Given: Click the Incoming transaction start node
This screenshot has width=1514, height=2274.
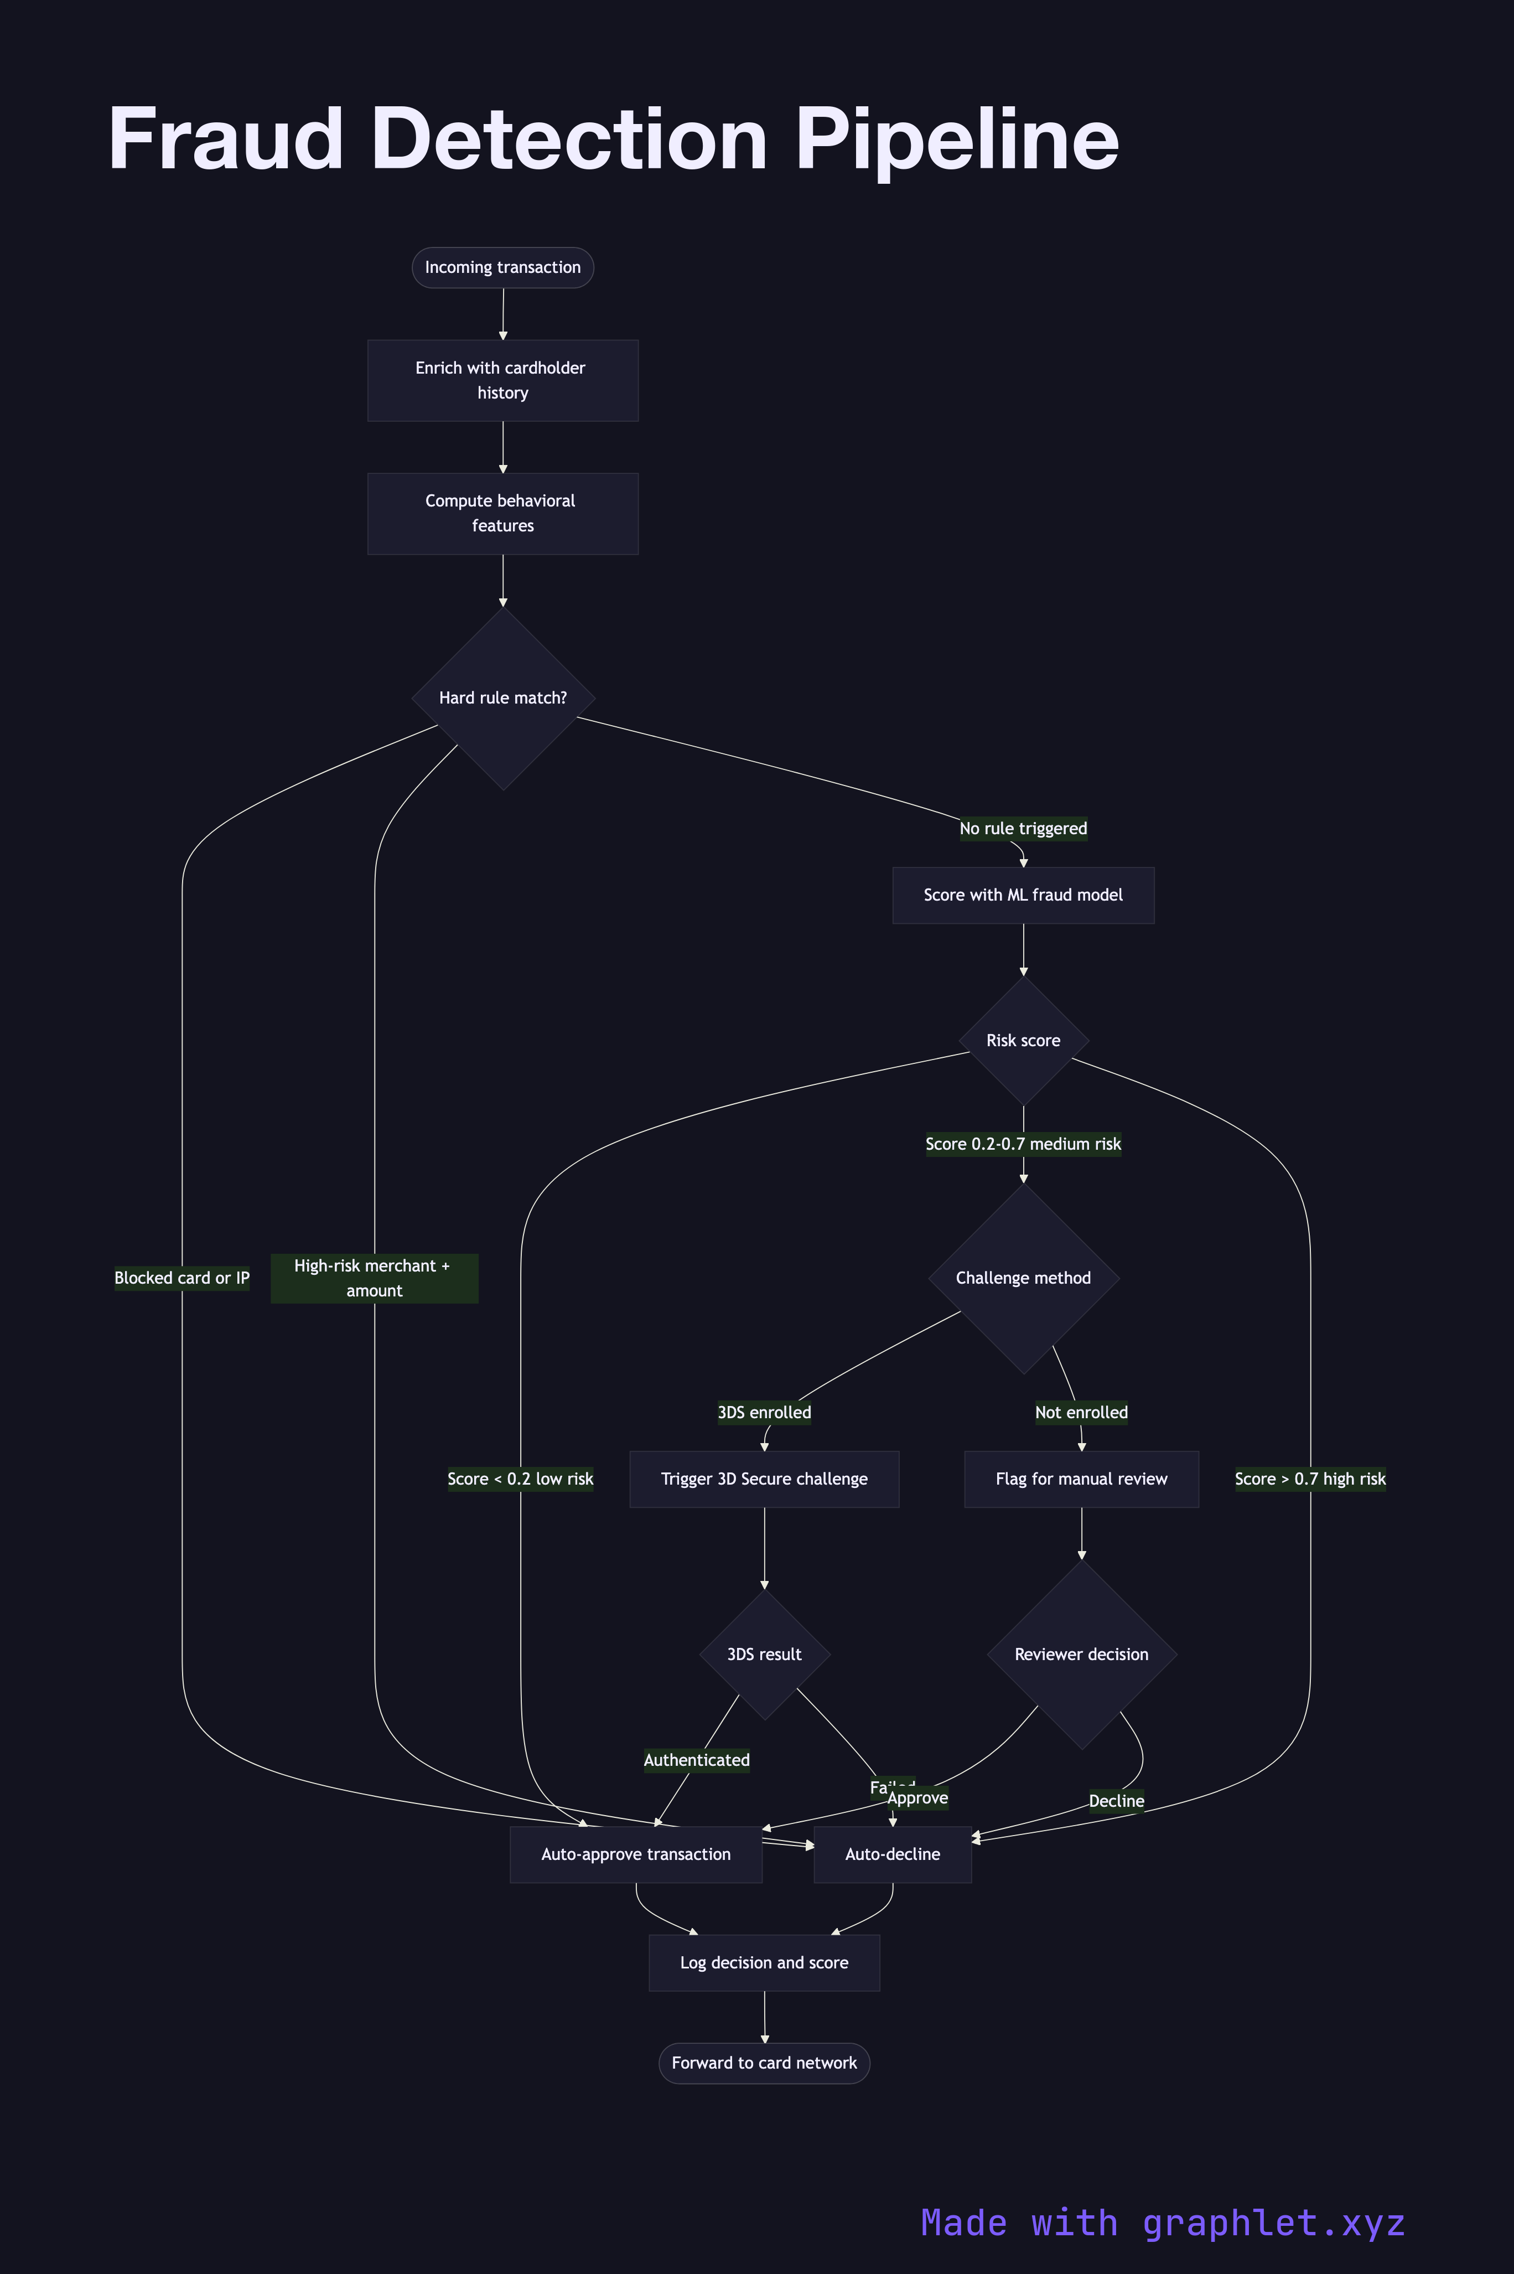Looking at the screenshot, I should click(x=502, y=267).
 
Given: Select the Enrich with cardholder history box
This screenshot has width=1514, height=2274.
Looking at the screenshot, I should click(x=502, y=380).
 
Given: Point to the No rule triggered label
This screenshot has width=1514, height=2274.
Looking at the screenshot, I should click(x=1023, y=829).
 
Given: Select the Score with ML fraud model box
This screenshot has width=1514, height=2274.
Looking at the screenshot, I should click(x=1023, y=895).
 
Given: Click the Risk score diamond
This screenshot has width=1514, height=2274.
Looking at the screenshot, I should click(x=1023, y=1041).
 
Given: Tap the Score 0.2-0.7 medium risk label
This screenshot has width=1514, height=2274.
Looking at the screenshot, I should click(x=1023, y=1144).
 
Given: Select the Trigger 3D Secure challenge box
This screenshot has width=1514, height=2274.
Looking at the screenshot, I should click(x=764, y=1479).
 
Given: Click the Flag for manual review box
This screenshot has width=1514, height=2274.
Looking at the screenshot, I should click(x=1081, y=1479).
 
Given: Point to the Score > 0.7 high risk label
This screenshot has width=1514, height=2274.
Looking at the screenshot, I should click(x=1309, y=1479).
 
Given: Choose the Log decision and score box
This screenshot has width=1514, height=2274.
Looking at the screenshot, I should click(x=764, y=1963).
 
